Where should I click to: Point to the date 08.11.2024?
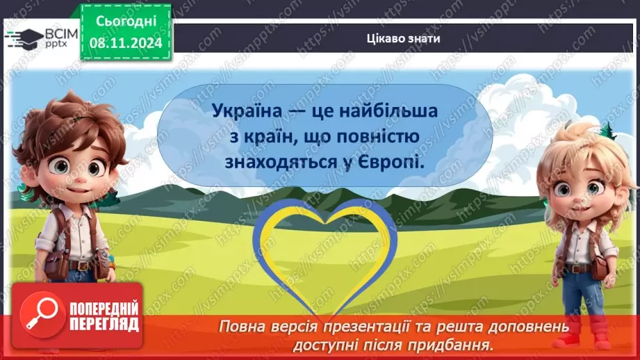point(124,43)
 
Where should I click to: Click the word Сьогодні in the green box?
point(124,21)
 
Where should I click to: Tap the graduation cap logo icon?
point(24,36)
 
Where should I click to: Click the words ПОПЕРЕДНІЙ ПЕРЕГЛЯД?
point(104,316)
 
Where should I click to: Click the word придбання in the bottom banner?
point(462,343)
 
